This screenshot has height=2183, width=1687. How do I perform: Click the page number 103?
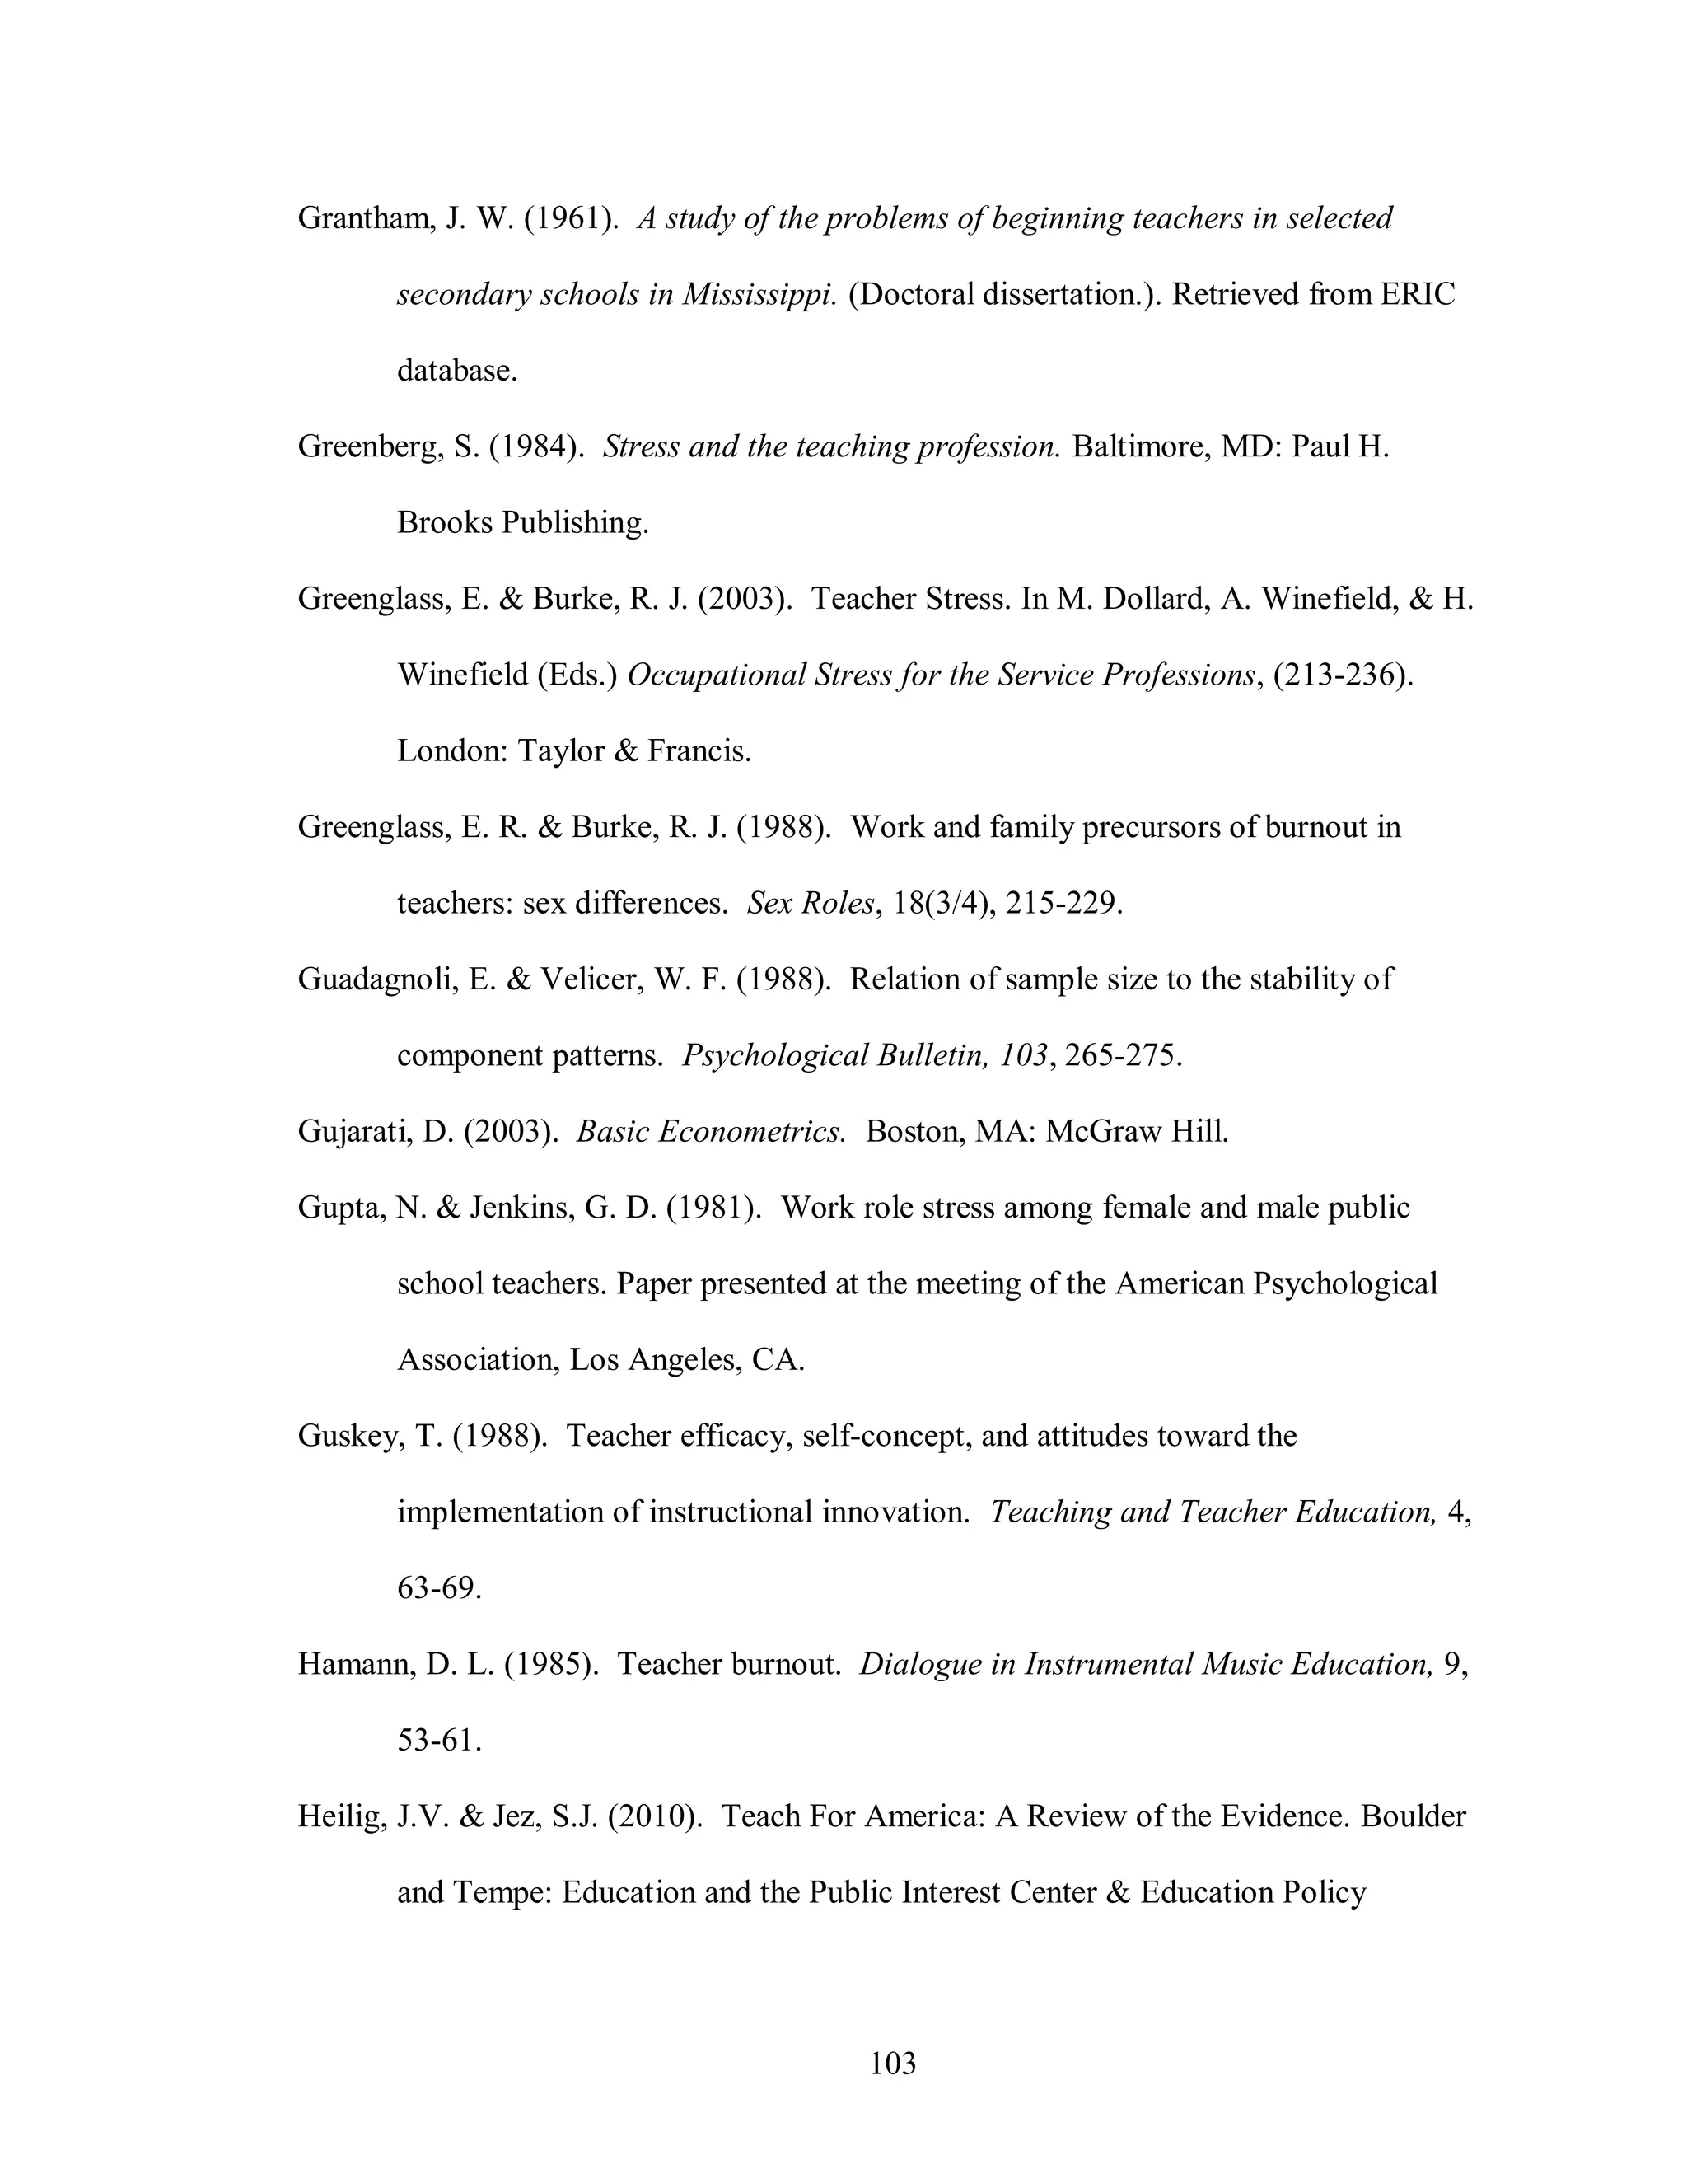pos(892,2063)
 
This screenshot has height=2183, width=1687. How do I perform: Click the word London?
pos(451,750)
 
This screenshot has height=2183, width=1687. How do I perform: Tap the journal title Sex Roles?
pos(811,904)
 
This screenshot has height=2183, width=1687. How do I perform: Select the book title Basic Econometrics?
pos(709,1132)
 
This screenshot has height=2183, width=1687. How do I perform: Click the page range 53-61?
pos(439,1740)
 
